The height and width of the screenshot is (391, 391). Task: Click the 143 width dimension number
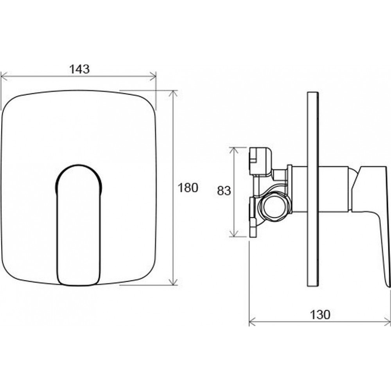(x=79, y=69)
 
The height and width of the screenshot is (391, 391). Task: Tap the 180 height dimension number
(x=188, y=188)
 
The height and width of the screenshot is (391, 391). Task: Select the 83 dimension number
(x=224, y=191)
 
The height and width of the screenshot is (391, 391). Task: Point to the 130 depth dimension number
(x=320, y=315)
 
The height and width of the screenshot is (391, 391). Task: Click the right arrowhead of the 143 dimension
(x=152, y=76)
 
